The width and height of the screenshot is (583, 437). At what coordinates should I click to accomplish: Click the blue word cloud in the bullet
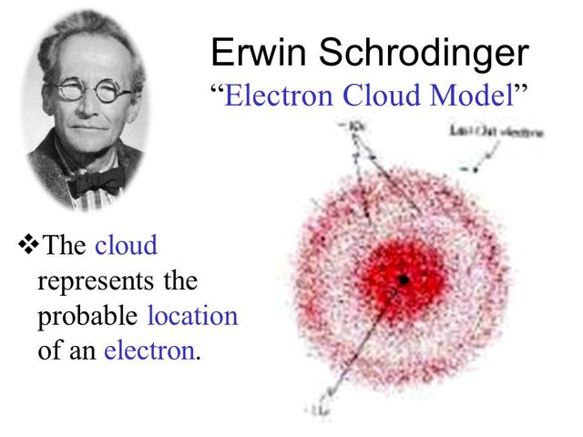126,246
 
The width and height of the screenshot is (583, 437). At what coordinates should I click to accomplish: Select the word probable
87,317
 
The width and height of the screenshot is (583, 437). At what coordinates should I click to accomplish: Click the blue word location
191,316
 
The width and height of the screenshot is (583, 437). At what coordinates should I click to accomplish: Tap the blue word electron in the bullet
149,351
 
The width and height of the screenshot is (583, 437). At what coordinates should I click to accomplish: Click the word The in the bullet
64,246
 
